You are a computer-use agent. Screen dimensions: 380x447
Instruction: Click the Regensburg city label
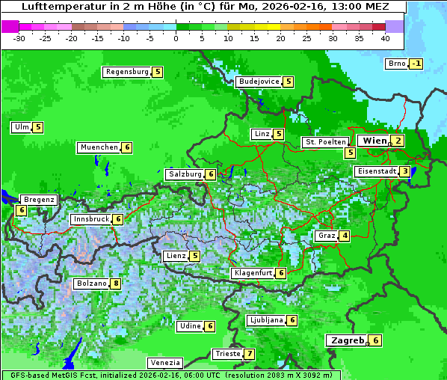(x=126, y=72)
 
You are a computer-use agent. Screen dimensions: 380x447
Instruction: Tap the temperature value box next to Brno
(x=416, y=64)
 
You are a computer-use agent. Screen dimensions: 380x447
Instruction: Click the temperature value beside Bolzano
(x=115, y=284)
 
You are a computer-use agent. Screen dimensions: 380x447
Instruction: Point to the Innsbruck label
(x=90, y=219)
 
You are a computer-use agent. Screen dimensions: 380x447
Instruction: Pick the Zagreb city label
(x=348, y=340)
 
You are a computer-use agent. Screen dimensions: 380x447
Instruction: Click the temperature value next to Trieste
(x=250, y=354)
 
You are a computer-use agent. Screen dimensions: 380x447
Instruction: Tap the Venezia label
(x=164, y=362)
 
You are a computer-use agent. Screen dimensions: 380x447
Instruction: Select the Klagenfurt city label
(x=252, y=273)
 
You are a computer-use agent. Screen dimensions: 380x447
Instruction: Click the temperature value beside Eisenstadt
(x=405, y=171)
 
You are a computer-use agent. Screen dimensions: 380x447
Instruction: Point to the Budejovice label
(x=259, y=82)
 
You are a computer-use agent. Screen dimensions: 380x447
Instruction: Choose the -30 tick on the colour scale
(x=19, y=37)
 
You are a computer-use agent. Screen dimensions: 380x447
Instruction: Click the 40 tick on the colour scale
(x=385, y=37)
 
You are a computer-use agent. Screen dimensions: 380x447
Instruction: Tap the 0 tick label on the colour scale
(x=176, y=37)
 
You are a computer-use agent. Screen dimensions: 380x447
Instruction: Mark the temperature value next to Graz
(x=344, y=236)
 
